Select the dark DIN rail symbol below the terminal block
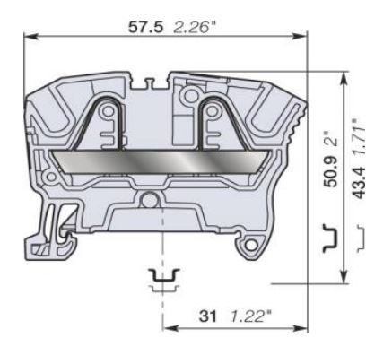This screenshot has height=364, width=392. coord(162,275)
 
